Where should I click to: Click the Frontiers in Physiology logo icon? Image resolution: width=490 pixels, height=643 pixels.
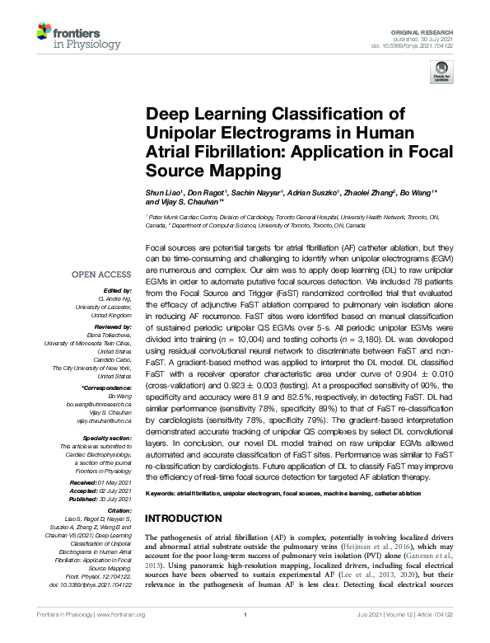(44, 33)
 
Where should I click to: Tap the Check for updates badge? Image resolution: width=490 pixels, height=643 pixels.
(442, 75)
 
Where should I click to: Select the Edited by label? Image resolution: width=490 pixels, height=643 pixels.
(119, 290)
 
